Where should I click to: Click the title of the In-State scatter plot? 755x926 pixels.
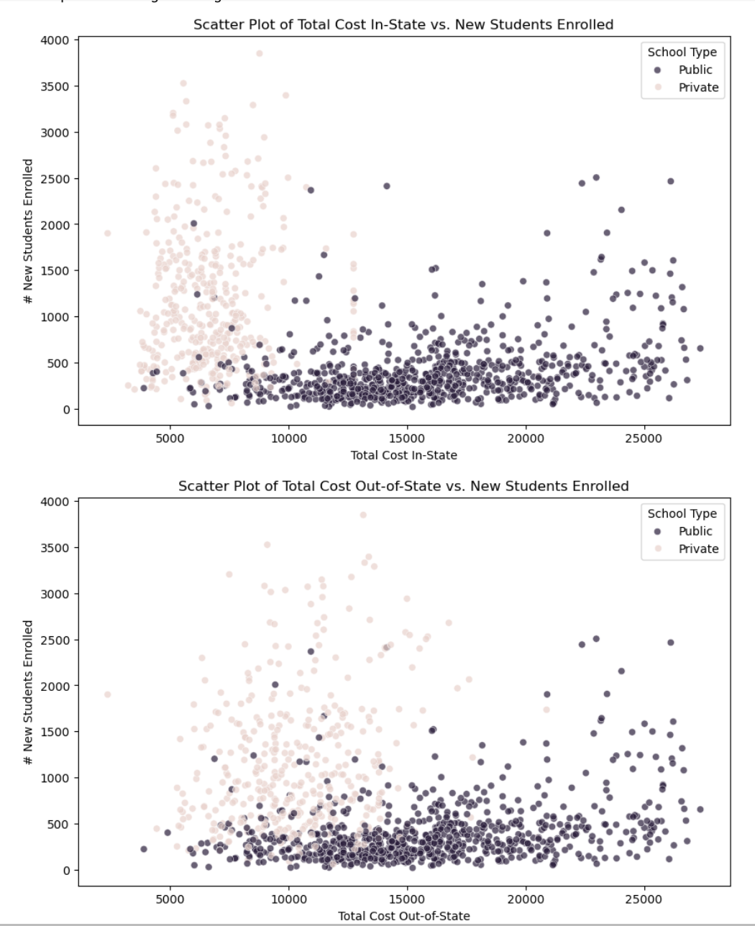[x=403, y=24]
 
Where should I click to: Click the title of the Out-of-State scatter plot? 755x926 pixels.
[x=403, y=486]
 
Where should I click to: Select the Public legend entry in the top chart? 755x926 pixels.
[x=695, y=70]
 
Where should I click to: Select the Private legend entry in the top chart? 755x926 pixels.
[x=697, y=87]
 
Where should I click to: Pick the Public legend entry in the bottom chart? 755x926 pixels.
[x=695, y=531]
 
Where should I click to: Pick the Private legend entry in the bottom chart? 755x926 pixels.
[x=697, y=549]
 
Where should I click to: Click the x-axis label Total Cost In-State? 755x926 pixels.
[x=403, y=455]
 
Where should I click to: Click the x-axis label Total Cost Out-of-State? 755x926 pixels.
[x=403, y=916]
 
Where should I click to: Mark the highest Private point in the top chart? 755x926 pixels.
[x=260, y=54]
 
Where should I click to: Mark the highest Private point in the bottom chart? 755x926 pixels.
[x=363, y=515]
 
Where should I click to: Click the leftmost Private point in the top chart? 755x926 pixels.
[x=108, y=233]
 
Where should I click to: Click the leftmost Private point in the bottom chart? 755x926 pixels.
[x=108, y=694]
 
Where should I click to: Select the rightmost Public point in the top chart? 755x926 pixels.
[x=700, y=349]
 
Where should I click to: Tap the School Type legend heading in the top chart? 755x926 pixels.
[x=682, y=52]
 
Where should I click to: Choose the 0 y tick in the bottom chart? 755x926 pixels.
[x=66, y=870]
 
